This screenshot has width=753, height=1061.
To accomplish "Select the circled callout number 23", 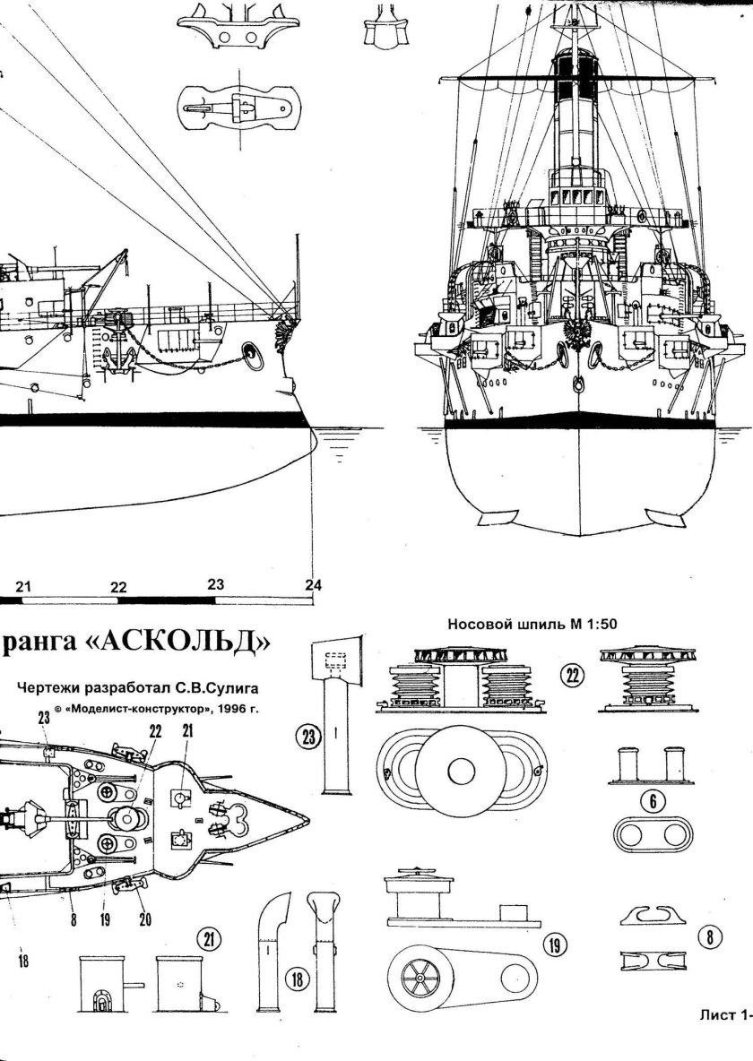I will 307,737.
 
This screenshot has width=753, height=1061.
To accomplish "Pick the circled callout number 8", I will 711,938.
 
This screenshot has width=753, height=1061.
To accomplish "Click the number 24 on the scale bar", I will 312,585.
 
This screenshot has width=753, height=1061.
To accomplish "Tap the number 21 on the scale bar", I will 23,587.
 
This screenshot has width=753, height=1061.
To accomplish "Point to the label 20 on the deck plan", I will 143,919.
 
